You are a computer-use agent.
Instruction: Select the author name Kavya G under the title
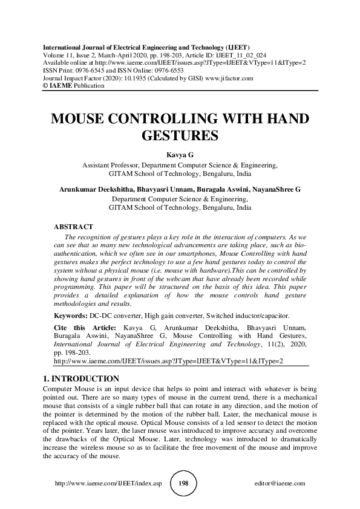click(180, 155)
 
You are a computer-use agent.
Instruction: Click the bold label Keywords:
click(70, 316)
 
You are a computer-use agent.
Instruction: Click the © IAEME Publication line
click(74, 86)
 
